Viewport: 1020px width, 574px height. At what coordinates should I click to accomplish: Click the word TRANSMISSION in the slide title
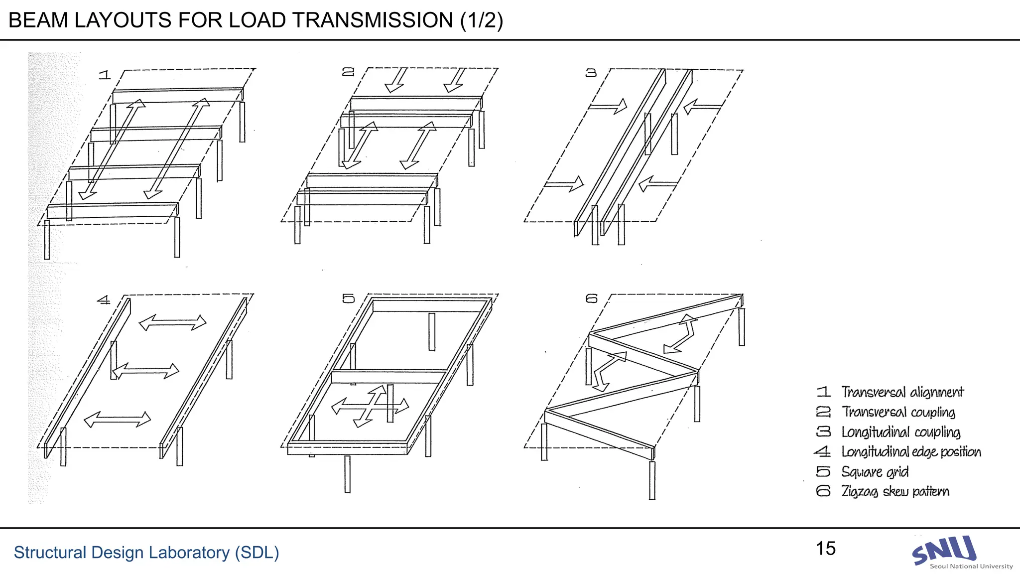click(x=372, y=20)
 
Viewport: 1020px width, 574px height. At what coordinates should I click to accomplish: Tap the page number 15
click(x=825, y=549)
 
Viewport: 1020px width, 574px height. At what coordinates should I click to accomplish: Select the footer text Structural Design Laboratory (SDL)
click(x=146, y=553)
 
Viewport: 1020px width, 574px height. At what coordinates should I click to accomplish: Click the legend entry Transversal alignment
click(x=902, y=392)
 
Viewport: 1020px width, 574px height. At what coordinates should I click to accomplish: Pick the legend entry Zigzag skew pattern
click(x=895, y=491)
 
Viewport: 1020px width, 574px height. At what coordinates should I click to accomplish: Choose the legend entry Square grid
click(x=875, y=471)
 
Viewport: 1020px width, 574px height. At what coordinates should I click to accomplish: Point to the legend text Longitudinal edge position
click(x=911, y=451)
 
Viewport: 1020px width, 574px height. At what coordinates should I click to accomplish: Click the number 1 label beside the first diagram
click(x=104, y=75)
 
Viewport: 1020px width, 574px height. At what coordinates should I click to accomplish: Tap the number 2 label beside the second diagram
click(x=348, y=72)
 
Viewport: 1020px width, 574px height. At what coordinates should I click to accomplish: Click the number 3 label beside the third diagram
click(x=591, y=73)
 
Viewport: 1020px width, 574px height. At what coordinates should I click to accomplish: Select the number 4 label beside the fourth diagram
click(x=103, y=300)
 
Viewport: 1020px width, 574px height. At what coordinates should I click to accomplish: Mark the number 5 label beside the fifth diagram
click(x=348, y=298)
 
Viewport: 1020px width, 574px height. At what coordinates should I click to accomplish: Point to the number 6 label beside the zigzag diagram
click(x=591, y=298)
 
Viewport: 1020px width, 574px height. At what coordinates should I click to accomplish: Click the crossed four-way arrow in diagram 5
click(x=370, y=407)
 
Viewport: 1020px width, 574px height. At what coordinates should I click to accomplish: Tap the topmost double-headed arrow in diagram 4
click(x=172, y=323)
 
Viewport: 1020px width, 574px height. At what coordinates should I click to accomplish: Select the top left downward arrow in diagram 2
click(x=396, y=81)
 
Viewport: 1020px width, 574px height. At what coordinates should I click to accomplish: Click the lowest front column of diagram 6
click(x=652, y=480)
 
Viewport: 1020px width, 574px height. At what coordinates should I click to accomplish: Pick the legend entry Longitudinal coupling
click(x=900, y=431)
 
